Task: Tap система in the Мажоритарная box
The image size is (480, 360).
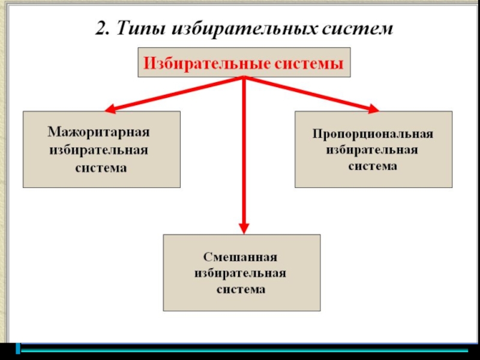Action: coord(101,168)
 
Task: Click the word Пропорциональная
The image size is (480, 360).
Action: coord(373,133)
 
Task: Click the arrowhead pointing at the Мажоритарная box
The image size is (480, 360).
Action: coord(110,110)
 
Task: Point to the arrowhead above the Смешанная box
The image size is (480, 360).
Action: coord(244,228)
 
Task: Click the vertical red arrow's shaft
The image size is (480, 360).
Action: coord(244,156)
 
